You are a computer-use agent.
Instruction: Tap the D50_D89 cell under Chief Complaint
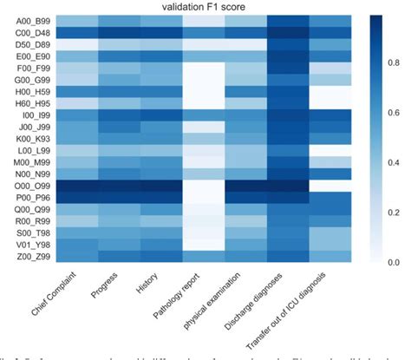click(62, 43)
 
